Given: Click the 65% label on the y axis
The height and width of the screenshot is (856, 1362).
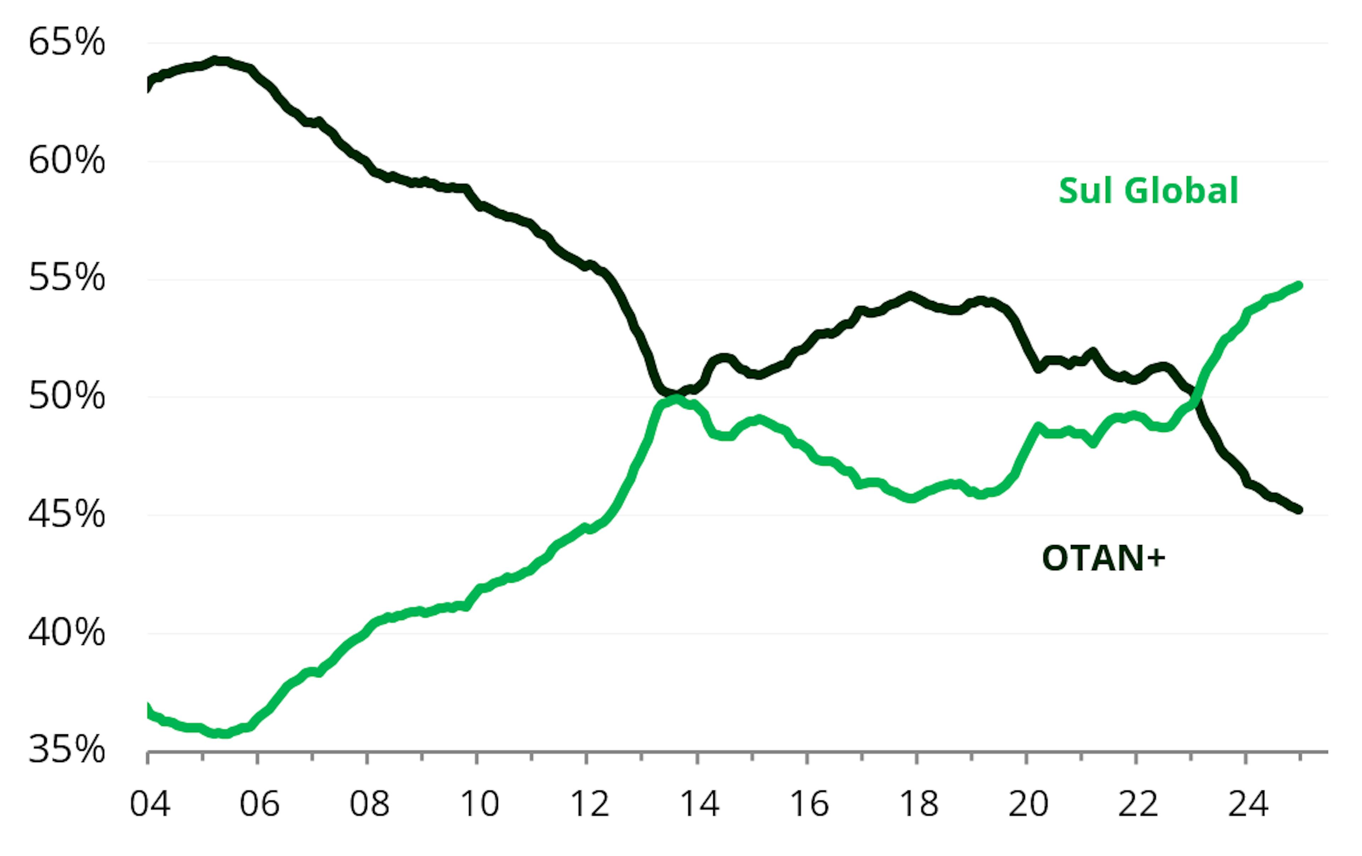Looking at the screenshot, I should click(67, 43).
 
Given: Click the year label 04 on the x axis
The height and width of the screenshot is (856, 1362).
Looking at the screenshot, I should click(149, 804).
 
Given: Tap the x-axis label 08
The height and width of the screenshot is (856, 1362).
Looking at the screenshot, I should click(369, 804).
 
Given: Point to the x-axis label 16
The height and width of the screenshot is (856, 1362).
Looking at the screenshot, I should click(809, 804).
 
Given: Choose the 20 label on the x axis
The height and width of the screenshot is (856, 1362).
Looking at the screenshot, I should click(1028, 804).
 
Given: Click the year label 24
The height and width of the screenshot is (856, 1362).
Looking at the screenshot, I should click(1248, 804).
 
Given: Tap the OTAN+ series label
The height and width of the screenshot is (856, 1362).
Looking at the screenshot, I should click(1103, 558).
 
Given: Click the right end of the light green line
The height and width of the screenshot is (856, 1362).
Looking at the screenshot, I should click(1299, 285).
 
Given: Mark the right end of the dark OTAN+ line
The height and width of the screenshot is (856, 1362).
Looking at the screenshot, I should click(1299, 510).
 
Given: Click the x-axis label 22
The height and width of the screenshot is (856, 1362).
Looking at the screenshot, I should click(1138, 804).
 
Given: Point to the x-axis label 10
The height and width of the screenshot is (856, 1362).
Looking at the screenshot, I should click(479, 804).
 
